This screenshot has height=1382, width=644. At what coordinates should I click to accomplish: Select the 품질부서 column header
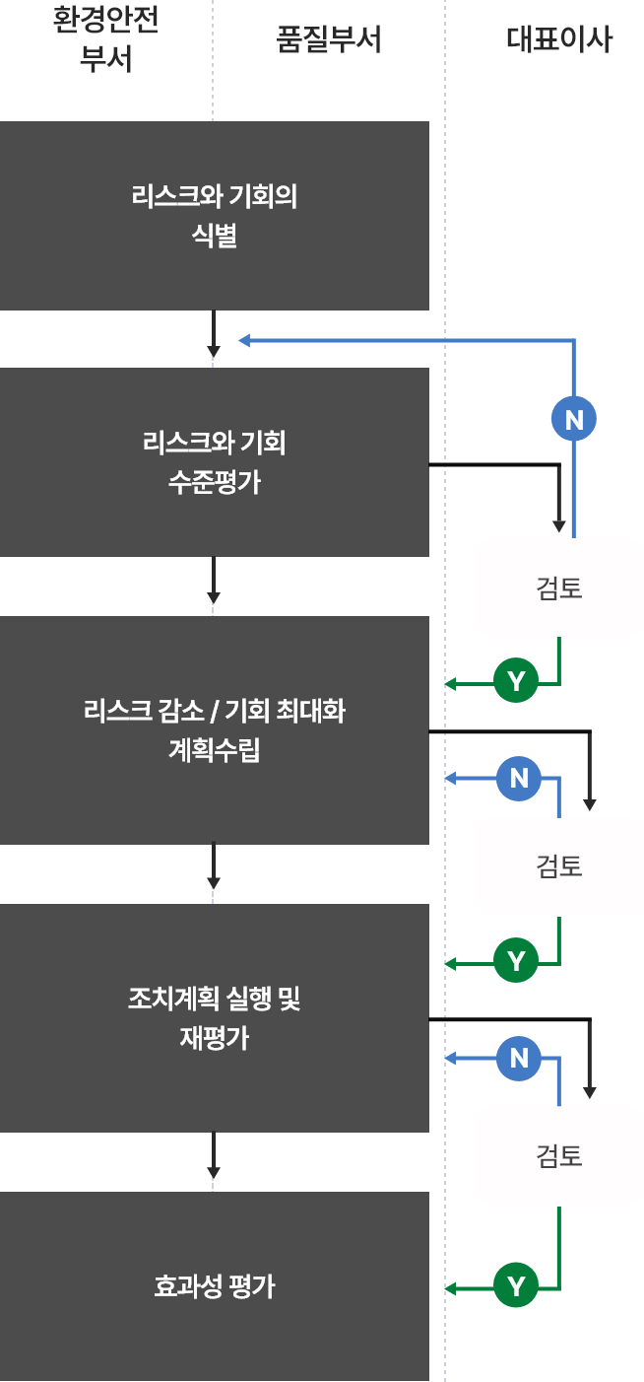329,40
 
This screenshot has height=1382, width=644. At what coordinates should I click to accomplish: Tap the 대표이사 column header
559,40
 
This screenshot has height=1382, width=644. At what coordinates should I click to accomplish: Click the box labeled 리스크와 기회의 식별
214,216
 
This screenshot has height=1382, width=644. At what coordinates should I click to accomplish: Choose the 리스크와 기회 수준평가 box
214,462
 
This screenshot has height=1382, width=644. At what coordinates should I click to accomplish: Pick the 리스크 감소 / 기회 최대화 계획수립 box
214,730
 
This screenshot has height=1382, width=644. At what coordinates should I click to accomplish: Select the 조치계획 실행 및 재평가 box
214,1018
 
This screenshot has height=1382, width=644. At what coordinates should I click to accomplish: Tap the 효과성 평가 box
214,1286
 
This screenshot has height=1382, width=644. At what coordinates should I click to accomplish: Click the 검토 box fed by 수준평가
559,588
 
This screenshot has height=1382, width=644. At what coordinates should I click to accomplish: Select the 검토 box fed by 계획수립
559,866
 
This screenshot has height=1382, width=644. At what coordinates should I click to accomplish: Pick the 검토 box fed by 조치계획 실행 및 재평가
559,1155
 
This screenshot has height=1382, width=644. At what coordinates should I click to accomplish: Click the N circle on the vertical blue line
574,420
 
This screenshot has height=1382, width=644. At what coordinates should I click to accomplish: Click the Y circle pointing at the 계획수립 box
516,680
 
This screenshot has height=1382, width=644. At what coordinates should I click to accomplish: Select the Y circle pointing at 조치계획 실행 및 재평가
516,960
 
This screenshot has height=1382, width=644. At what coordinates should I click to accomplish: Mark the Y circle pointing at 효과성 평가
516,1286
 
